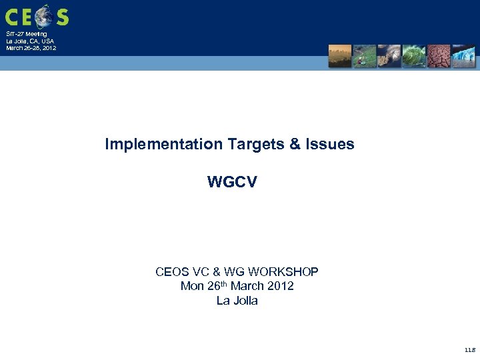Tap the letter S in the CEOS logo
click(62, 16)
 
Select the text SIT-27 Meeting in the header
click(27, 33)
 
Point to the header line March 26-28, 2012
click(31, 48)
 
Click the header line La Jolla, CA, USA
click(31, 41)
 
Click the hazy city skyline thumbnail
click(340, 56)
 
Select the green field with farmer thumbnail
click(365, 56)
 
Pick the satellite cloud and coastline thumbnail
click(389, 56)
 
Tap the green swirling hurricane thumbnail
click(413, 56)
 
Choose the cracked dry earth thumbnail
click(439, 56)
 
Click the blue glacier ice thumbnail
click(463, 56)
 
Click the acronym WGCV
click(231, 182)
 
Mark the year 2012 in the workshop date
click(280, 286)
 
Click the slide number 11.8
click(469, 349)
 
